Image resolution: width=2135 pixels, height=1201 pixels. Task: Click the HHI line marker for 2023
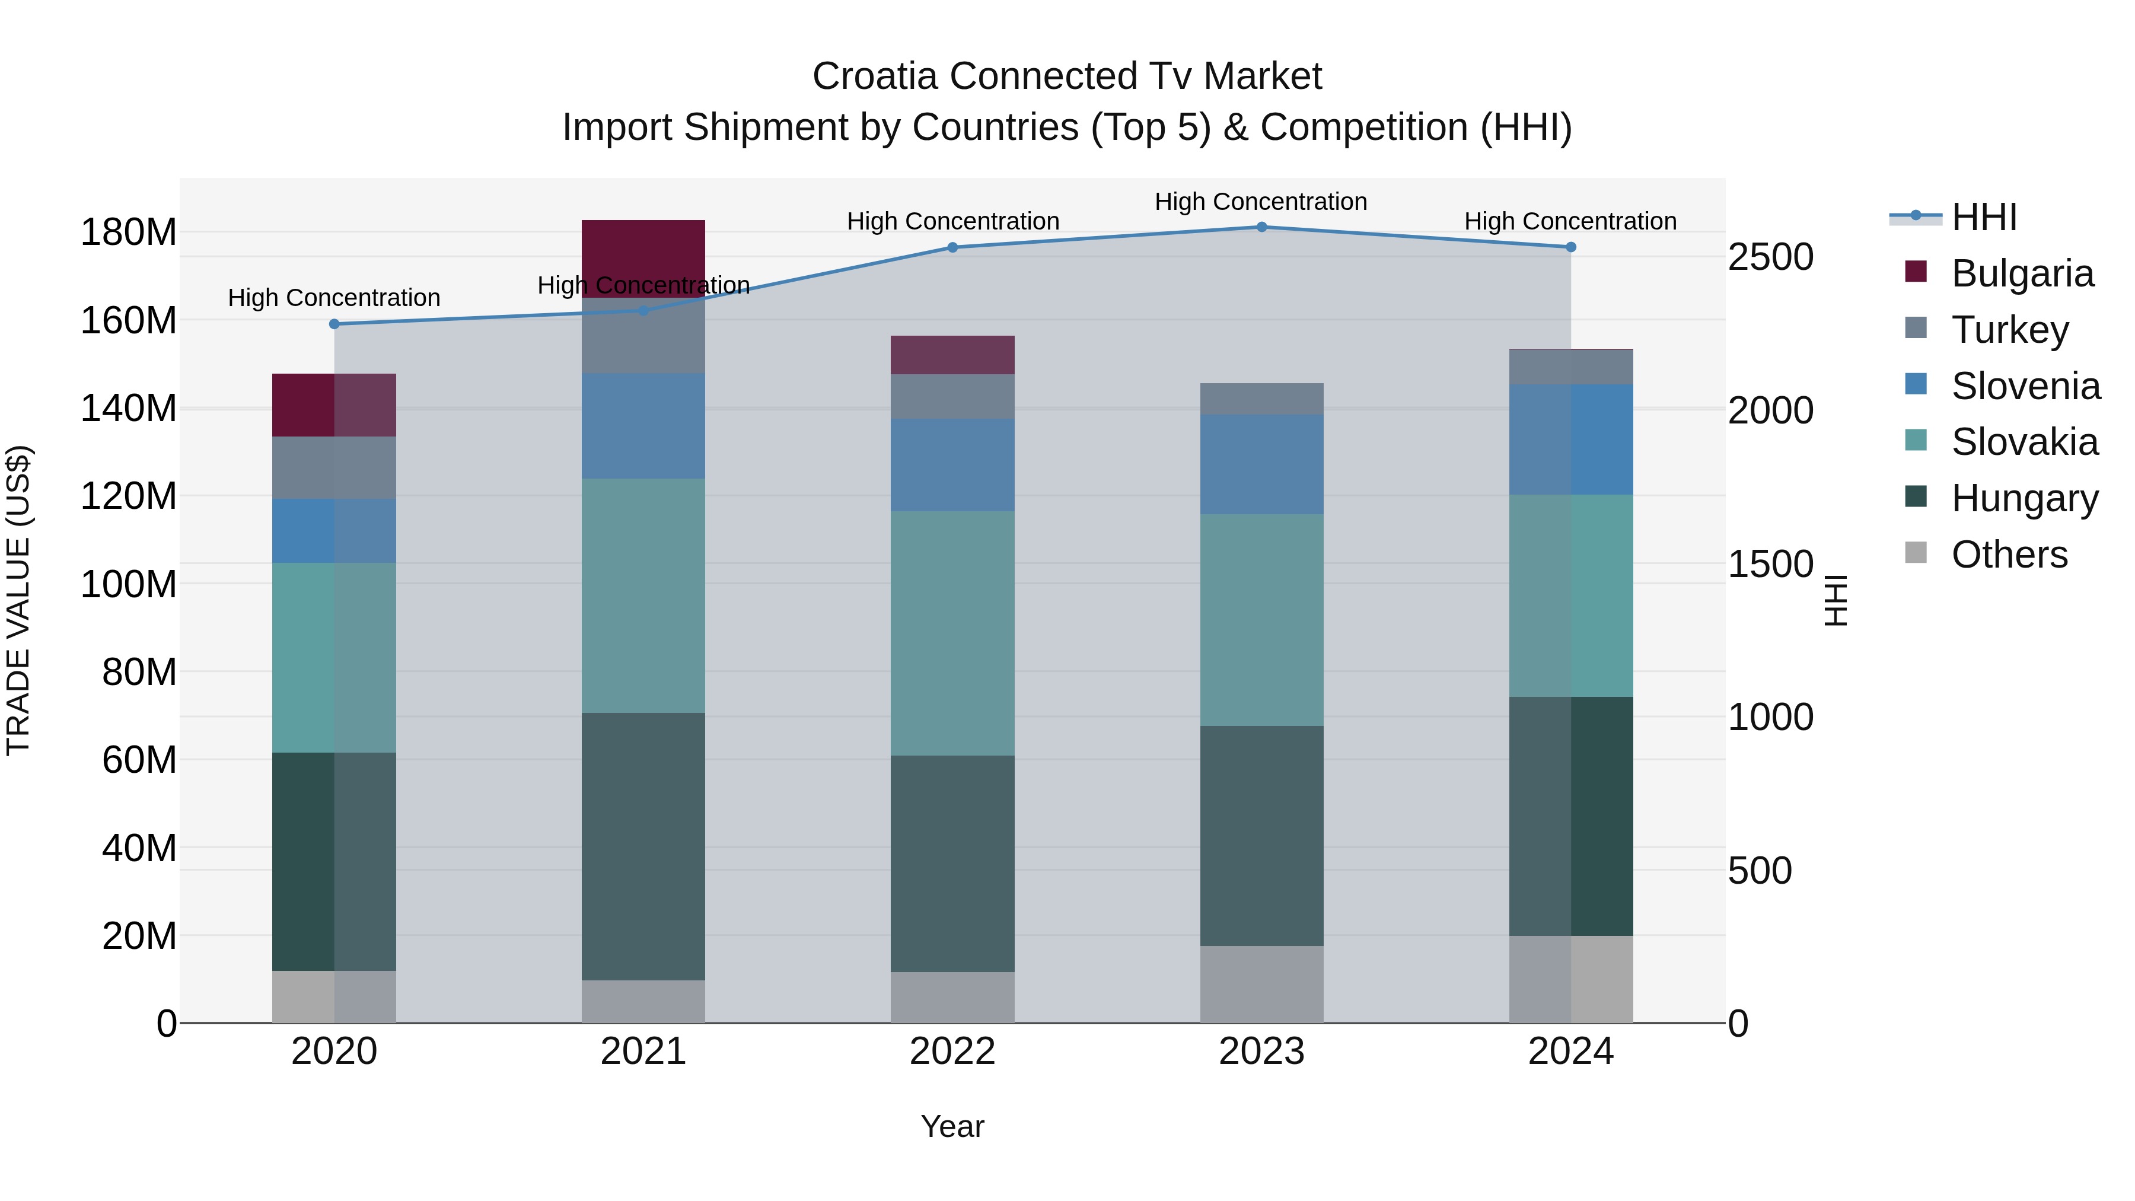coord(1261,227)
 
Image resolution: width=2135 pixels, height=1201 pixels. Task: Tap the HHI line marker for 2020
coord(334,324)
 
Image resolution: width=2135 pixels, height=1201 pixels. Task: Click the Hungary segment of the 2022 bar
coord(952,863)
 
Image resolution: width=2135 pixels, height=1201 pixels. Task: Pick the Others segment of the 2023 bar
coord(1261,984)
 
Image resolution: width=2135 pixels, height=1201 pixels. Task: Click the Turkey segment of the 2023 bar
coord(1261,399)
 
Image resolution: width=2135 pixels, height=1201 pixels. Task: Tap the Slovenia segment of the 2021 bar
coord(643,425)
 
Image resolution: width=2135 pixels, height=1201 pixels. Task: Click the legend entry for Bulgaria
coord(2022,273)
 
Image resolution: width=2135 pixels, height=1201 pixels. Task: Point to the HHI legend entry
coord(1983,217)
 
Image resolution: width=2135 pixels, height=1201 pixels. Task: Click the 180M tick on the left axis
coord(129,232)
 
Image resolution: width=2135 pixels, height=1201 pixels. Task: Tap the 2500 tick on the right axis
coord(1770,257)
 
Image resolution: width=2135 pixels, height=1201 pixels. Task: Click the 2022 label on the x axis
coord(952,1052)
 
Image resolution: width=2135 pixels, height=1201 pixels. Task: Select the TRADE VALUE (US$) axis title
coord(18,600)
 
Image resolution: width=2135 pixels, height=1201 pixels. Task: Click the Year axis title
coord(952,1126)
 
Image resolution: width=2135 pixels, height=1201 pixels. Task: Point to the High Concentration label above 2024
coord(1570,221)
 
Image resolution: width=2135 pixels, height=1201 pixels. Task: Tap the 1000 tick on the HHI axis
coord(1770,717)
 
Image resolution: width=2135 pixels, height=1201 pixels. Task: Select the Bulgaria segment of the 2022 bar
coord(952,355)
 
